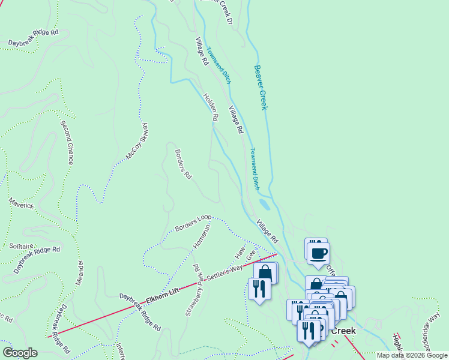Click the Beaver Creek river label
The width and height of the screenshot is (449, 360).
tap(260, 88)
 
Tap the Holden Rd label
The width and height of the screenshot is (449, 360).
tap(209, 107)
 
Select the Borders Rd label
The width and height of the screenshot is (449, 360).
tap(182, 164)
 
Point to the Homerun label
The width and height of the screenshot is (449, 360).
tap(202, 238)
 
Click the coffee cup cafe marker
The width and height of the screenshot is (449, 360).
tap(318, 253)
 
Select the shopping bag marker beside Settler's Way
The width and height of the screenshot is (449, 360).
tap(265, 273)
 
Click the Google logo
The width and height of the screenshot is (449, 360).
tap(20, 353)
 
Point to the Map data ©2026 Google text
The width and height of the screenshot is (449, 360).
tap(412, 355)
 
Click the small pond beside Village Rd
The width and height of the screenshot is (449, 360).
tap(264, 205)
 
